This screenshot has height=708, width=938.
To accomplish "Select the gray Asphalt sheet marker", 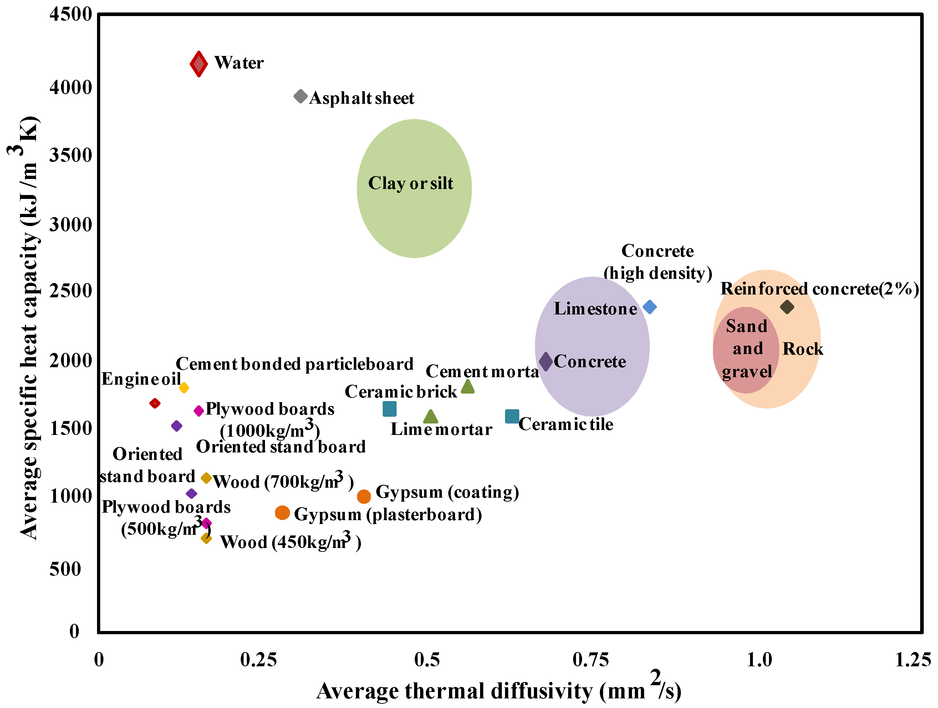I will [300, 96].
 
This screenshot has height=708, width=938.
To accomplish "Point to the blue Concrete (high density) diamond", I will [649, 307].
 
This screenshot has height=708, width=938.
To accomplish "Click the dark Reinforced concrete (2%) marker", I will [787, 307].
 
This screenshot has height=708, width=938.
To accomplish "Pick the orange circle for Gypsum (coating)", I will [363, 496].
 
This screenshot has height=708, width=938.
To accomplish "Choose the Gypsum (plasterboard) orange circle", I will [282, 513].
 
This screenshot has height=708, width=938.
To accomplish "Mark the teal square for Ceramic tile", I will [512, 416].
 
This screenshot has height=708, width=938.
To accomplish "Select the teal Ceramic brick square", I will [389, 409].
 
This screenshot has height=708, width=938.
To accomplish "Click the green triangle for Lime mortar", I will [430, 417].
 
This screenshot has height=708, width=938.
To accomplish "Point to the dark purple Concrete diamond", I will [546, 361].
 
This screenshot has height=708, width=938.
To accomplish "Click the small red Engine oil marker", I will [155, 403].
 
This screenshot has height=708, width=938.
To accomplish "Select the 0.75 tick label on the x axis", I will [590, 660].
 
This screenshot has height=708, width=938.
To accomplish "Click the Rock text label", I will [803, 349].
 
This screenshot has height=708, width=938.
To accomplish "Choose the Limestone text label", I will [595, 309].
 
